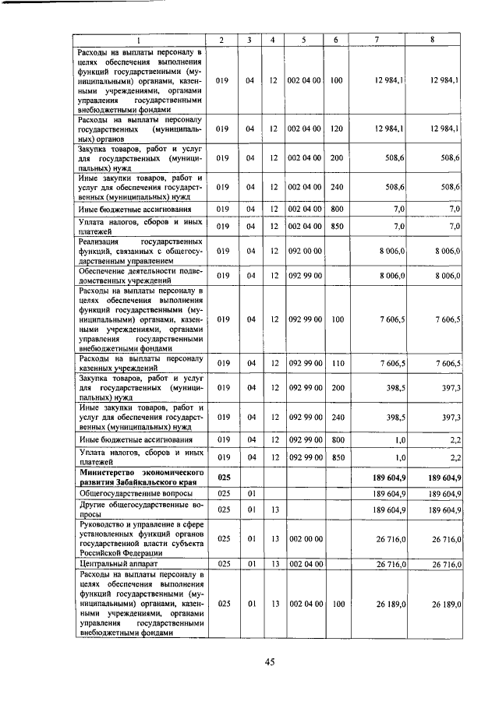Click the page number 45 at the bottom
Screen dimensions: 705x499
269,662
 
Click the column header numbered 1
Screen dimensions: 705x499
140,40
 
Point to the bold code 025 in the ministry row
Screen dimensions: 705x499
223,477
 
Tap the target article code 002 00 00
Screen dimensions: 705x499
304,538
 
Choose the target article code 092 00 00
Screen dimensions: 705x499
304,252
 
